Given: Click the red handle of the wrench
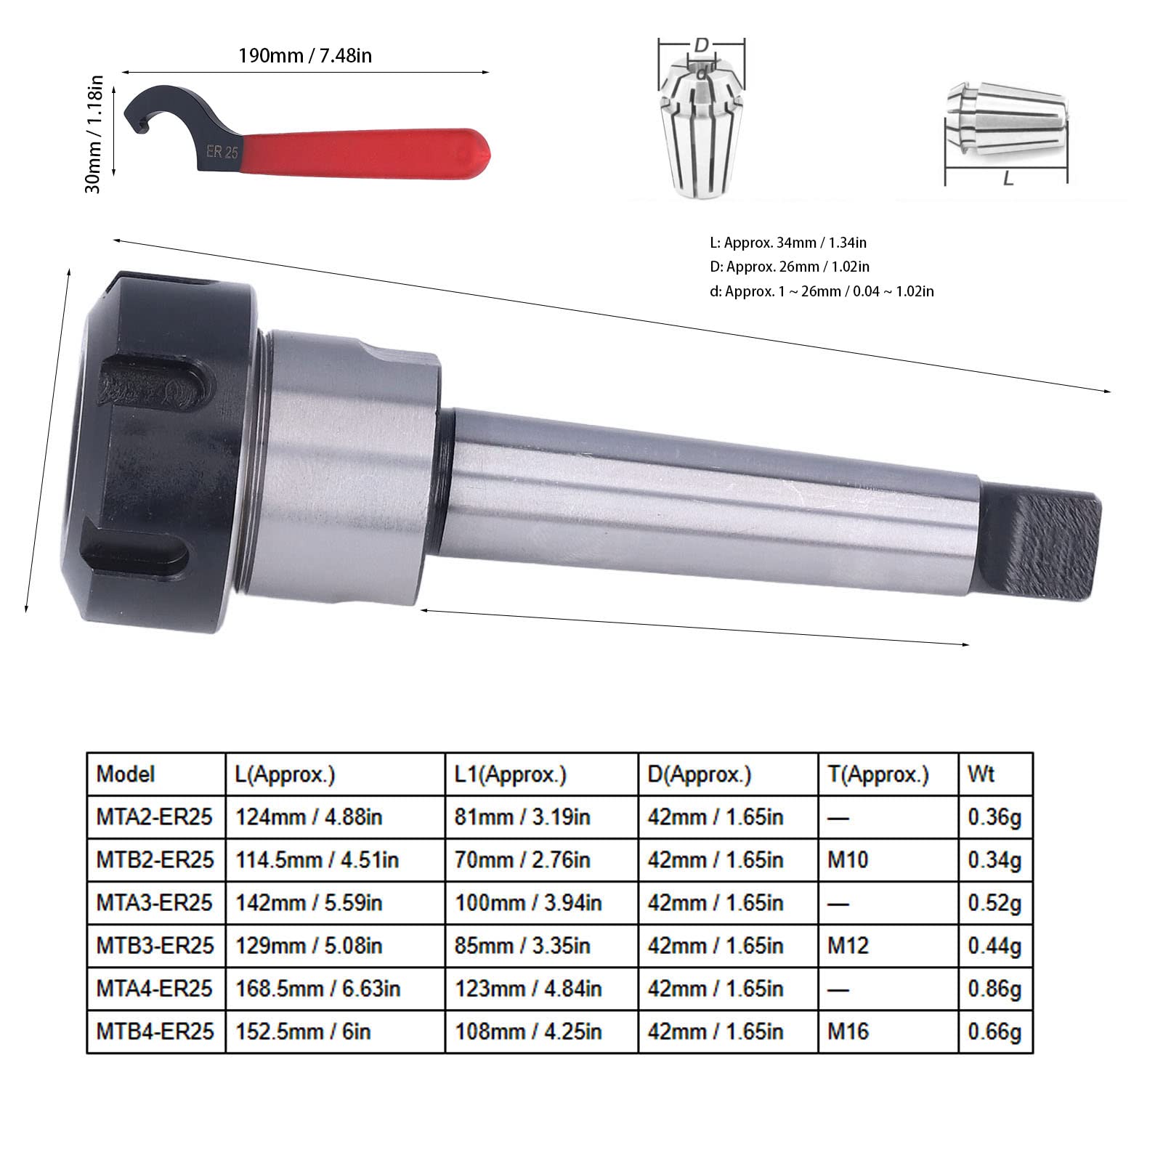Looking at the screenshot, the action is [367, 151].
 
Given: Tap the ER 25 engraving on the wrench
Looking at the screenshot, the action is [222, 153].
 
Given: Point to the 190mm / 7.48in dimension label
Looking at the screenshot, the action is [305, 56].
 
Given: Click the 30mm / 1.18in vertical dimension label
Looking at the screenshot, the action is [94, 134].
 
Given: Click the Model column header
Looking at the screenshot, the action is [125, 774].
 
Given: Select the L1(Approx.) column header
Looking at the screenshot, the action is [510, 775].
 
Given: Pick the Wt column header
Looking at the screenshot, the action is [981, 774].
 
